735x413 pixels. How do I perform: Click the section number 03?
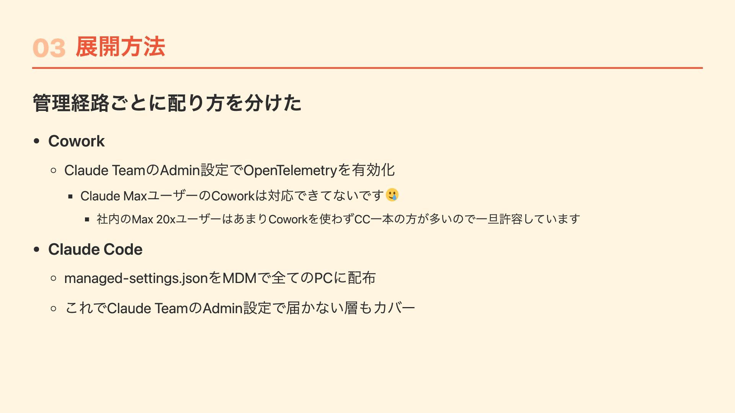49,48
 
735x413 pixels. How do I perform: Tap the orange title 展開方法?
120,47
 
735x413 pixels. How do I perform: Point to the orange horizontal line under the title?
367,68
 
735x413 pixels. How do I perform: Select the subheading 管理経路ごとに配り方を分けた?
167,103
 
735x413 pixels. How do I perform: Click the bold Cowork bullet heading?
76,141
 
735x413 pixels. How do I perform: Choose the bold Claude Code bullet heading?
95,249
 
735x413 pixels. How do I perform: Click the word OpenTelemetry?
290,170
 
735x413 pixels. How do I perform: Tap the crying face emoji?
392,195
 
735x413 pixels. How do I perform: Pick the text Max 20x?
154,219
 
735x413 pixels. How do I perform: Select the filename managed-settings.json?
136,278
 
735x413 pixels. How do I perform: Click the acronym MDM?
239,278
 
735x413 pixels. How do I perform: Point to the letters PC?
323,278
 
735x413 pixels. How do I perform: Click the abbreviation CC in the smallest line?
362,219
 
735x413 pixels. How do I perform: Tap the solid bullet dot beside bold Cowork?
37,141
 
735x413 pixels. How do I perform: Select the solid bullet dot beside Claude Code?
37,249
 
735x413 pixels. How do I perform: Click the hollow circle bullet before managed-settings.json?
54,278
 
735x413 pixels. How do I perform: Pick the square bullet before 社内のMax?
87,220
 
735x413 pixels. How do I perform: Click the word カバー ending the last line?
394,308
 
